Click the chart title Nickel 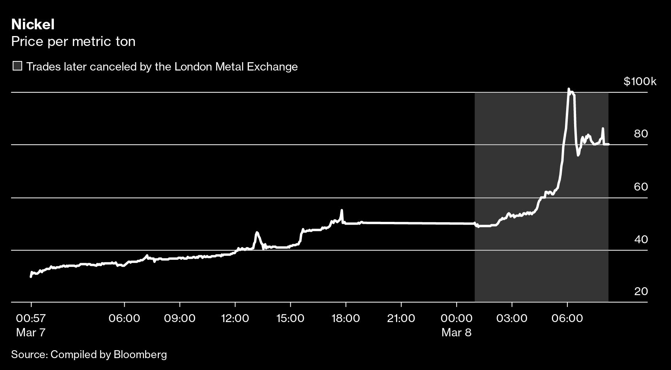[33, 25]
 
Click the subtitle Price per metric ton [73, 41]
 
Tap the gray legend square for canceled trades [17, 66]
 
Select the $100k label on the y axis [640, 82]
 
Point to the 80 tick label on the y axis [641, 134]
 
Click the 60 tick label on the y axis [641, 187]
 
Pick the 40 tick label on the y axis [641, 239]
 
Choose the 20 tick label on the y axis [641, 292]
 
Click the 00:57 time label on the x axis [31, 318]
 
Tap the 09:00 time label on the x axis [180, 318]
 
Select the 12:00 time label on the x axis [235, 318]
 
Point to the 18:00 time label [346, 318]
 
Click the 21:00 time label [401, 318]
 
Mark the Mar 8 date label [456, 332]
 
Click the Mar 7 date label [31, 332]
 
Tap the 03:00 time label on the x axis [512, 318]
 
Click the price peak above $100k [569, 90]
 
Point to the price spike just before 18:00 [341, 211]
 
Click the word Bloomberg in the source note [140, 354]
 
